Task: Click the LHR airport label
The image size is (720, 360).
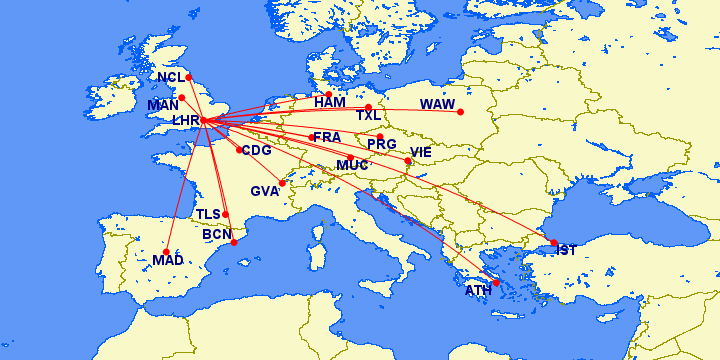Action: [186, 121]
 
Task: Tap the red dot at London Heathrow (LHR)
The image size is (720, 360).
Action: [204, 121]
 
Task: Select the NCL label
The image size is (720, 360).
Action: [171, 77]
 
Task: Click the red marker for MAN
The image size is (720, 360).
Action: [181, 97]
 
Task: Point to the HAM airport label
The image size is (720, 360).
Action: [329, 103]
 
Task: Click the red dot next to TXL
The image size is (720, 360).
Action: [368, 107]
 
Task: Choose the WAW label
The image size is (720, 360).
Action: [437, 105]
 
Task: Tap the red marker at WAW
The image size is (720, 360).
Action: [460, 111]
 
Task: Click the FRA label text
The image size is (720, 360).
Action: [327, 136]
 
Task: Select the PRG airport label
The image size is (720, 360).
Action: [381, 145]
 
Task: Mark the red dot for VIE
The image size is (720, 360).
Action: [408, 160]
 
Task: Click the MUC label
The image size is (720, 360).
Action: [352, 165]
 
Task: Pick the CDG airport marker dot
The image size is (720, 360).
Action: [238, 150]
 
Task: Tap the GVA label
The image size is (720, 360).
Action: [265, 191]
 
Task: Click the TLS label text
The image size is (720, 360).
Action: [208, 215]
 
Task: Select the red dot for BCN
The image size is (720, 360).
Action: [234, 242]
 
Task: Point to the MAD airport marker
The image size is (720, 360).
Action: [169, 250]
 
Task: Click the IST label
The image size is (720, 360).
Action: [566, 250]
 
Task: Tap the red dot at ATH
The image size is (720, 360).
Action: [496, 283]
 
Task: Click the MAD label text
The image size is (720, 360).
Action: [166, 262]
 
